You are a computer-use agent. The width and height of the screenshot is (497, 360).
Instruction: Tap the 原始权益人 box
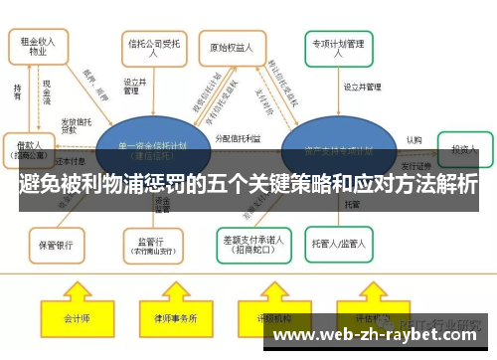[233, 47]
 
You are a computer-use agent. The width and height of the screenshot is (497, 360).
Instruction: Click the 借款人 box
[30, 149]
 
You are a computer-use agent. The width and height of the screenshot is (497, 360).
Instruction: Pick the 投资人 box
[462, 149]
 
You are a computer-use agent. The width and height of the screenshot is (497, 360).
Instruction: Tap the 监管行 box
[151, 243]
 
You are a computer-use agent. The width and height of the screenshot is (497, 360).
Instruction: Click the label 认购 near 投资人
[414, 140]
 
